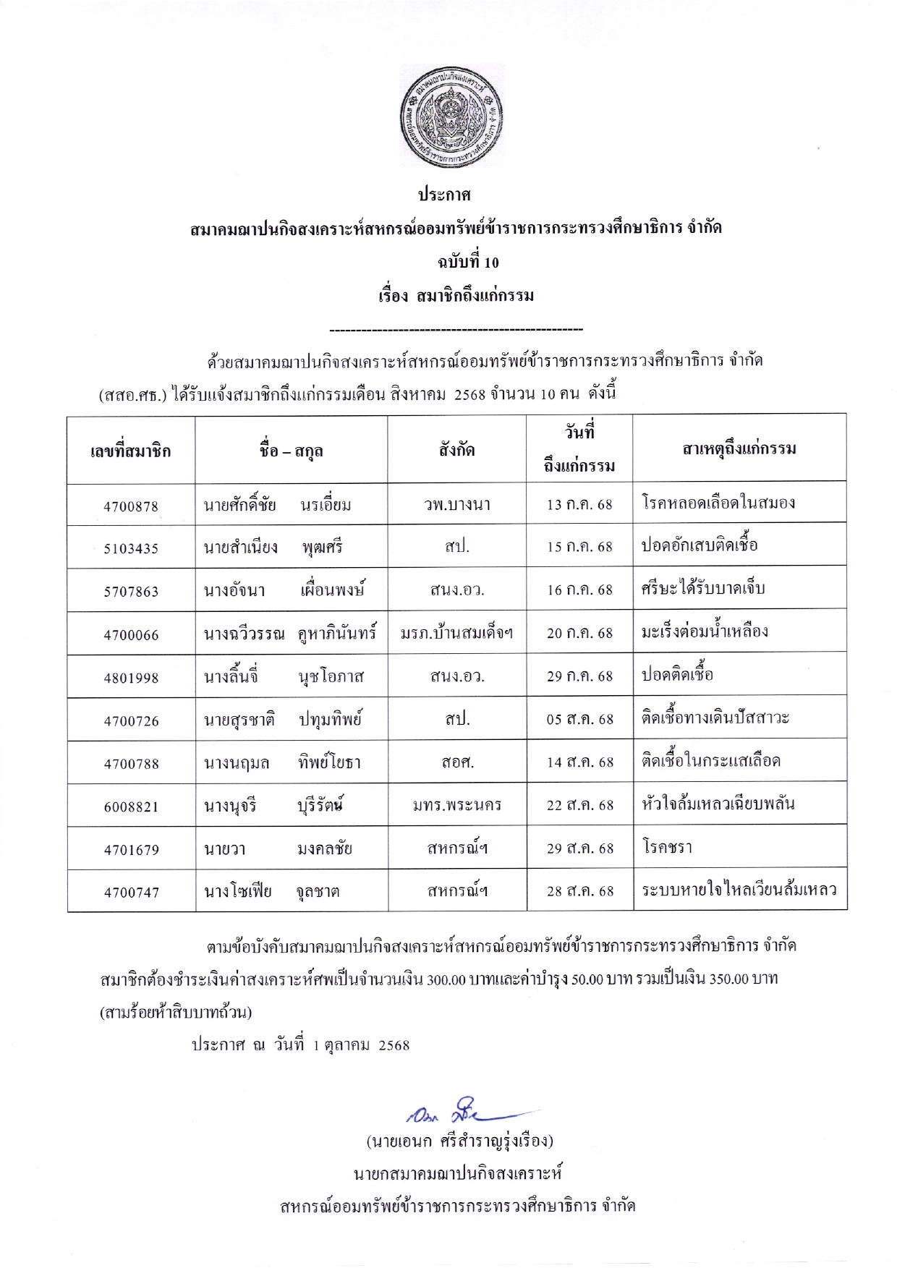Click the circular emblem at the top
tap(451, 116)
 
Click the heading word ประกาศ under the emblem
tap(445, 195)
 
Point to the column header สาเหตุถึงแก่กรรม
tap(739, 449)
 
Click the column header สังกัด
tap(456, 450)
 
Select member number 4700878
tap(131, 506)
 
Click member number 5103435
tap(131, 548)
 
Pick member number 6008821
tap(131, 807)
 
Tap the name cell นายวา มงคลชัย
tap(279, 848)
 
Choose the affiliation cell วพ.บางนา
tap(457, 505)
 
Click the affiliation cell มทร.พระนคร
tap(457, 805)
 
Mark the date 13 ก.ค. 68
tap(579, 505)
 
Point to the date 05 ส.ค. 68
tap(579, 720)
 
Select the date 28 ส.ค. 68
tap(579, 891)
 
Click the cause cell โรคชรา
tap(667, 847)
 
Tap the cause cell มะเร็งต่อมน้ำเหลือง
tap(705, 632)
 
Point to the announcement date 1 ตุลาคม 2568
tap(361, 1045)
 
